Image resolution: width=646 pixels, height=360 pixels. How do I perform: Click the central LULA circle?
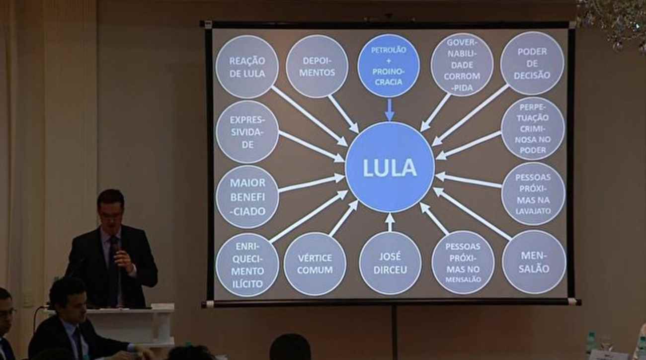(x=390, y=167)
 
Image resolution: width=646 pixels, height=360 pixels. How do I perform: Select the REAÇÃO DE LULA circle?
(x=247, y=67)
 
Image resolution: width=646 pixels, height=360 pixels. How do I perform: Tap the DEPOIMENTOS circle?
(x=318, y=66)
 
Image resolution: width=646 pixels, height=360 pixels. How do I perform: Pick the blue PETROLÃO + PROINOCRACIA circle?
(x=388, y=66)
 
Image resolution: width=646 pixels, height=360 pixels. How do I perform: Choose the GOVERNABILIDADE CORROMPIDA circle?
(x=462, y=65)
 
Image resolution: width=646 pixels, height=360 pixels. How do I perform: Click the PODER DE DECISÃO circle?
(x=532, y=63)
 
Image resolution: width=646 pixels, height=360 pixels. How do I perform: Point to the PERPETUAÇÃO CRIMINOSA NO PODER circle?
(x=533, y=128)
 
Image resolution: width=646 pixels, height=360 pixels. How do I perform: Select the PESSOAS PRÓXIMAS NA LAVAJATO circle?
(x=533, y=193)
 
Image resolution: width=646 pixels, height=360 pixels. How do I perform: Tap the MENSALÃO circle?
(x=534, y=262)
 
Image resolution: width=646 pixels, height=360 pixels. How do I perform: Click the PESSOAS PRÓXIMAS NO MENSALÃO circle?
(x=463, y=263)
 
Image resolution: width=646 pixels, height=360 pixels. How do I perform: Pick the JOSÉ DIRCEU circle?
(x=390, y=263)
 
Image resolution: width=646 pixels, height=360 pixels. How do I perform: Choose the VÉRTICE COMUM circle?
(x=315, y=264)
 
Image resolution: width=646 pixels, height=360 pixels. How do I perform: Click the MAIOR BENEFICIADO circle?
(x=247, y=197)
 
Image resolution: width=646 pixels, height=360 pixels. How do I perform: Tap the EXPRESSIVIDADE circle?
(x=247, y=132)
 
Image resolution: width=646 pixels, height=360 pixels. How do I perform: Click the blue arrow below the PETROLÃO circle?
(x=389, y=110)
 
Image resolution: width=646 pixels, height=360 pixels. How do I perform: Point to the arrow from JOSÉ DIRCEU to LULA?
(x=390, y=222)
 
